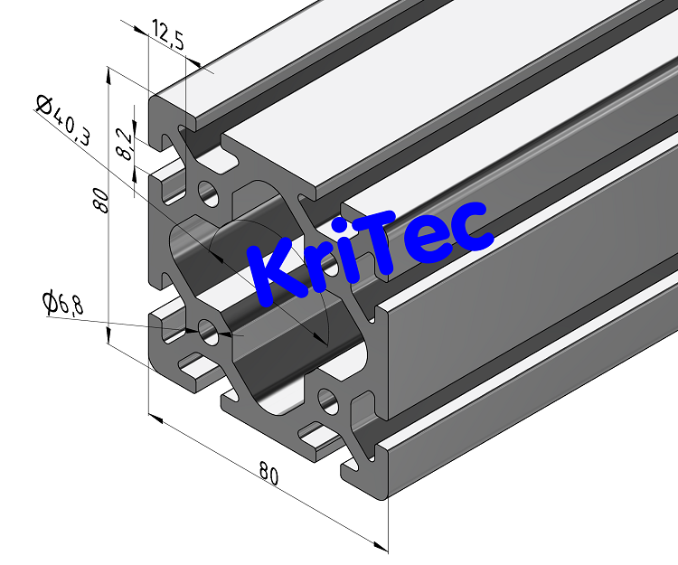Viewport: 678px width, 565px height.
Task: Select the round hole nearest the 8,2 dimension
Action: [x=209, y=193]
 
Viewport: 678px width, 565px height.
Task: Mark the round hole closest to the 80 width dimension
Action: [x=325, y=398]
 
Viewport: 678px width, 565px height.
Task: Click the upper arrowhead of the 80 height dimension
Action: [x=108, y=72]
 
